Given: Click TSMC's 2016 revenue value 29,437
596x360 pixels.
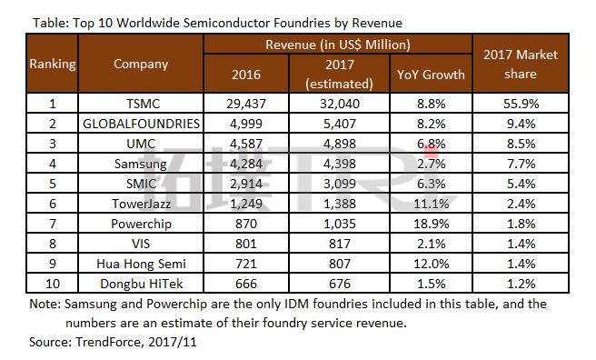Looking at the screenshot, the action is pos(246,104).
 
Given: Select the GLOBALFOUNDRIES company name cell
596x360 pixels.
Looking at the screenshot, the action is pos(141,124).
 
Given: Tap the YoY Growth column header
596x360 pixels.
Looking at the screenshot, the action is pos(431,75).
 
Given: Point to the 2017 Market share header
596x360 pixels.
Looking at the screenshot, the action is pos(521,64).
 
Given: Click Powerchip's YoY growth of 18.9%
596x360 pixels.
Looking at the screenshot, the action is pos(431,224).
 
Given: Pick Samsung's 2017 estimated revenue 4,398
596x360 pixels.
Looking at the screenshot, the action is pos(340,164).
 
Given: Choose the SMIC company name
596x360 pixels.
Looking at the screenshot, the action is pos(141,184).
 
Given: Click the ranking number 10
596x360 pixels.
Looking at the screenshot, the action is pos(53,284).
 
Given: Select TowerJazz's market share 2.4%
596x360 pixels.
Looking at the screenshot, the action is pos(521,204).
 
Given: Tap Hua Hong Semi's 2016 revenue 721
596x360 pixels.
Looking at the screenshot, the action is pos(246,264).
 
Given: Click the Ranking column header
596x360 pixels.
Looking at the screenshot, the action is pos(53,64).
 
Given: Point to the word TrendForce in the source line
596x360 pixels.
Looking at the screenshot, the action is pos(108,342).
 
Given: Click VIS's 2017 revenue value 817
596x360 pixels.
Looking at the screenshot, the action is pos(340,244).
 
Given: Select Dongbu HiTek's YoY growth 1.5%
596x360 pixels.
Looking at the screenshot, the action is pos(431,284).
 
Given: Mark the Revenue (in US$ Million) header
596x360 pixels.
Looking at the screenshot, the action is pos(338,45).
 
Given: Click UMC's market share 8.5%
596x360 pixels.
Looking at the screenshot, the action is pos(521,144).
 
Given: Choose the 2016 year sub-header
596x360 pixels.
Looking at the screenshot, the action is pos(246,75).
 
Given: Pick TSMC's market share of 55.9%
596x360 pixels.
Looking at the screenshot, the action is pos(521,104).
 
